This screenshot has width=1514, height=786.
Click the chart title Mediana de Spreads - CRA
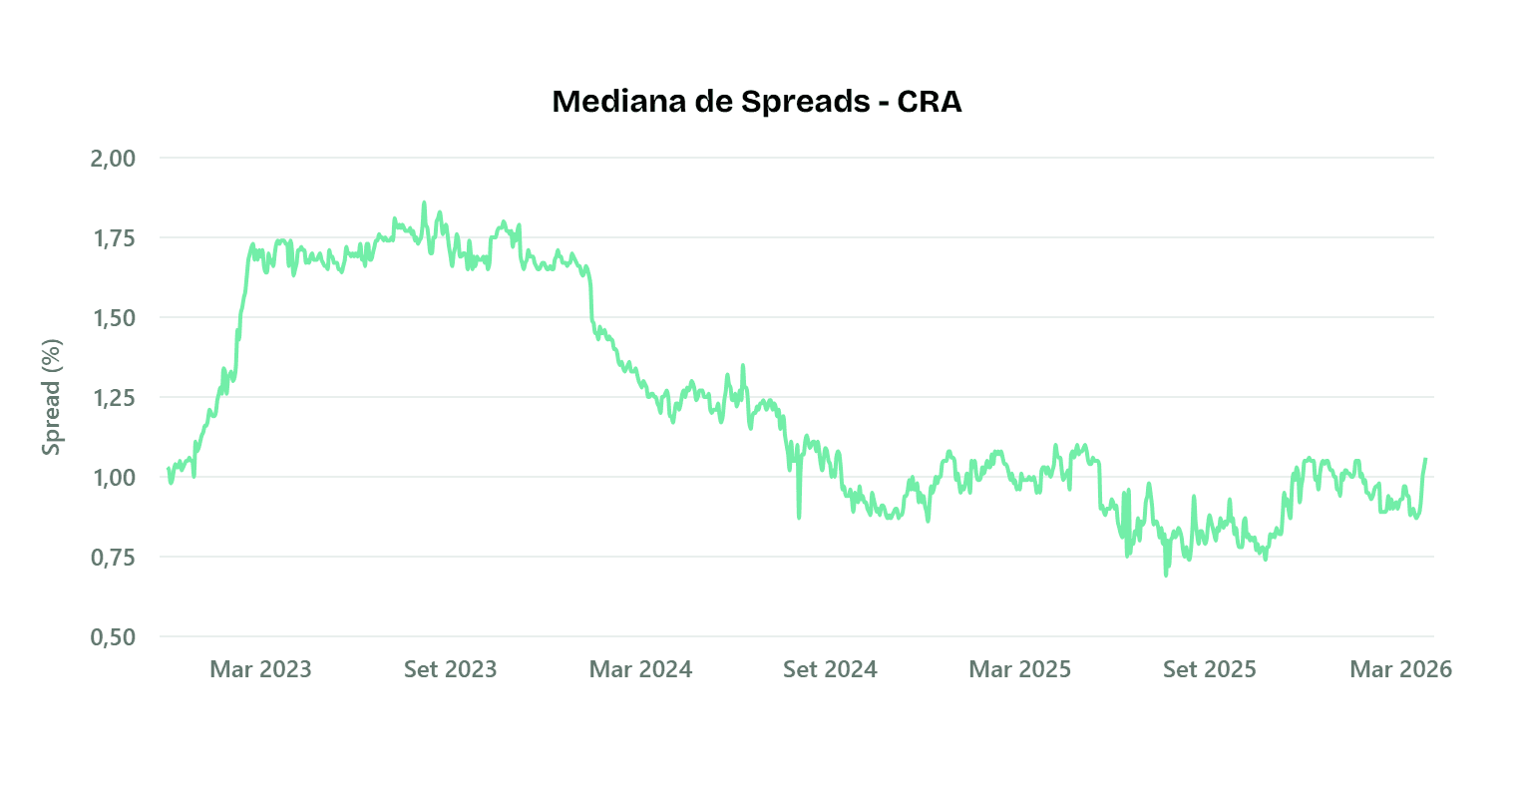coord(756,102)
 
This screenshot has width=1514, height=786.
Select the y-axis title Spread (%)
coord(52,397)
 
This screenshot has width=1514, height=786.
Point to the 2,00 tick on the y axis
coord(113,159)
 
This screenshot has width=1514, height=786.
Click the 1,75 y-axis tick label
coord(113,238)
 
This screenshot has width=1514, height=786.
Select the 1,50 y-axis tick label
coord(113,318)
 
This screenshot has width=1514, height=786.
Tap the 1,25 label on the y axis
coord(113,398)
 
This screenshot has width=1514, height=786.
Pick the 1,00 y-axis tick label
coord(113,478)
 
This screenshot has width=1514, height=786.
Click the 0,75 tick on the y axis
coord(113,558)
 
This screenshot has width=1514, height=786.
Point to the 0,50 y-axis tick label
coord(113,637)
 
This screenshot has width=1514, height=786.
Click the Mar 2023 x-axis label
coord(260,669)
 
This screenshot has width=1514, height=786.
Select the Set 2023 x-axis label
coord(450,669)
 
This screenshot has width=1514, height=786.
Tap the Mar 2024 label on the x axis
coord(640,669)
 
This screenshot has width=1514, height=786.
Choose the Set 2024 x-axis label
coord(830,669)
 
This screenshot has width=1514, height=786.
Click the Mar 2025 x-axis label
coord(1019,669)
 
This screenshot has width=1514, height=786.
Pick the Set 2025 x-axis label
coord(1209,669)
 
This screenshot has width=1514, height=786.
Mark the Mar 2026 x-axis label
coord(1400,669)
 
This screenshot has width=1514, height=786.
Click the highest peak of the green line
coord(424,202)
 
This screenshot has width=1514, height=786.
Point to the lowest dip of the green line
coord(1166,575)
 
